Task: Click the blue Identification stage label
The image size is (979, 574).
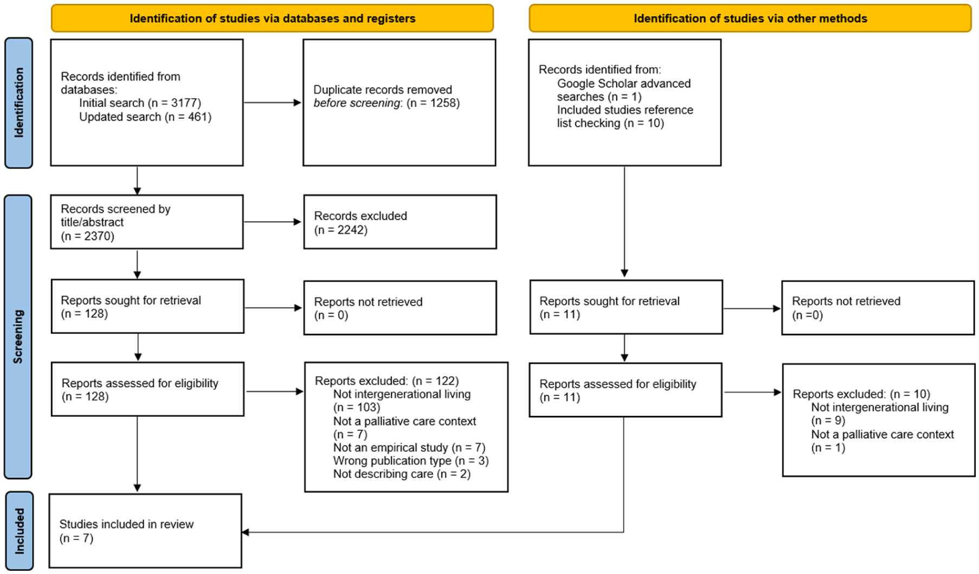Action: (x=18, y=103)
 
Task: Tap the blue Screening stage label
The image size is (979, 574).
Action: (x=18, y=337)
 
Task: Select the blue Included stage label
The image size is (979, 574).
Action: (x=19, y=531)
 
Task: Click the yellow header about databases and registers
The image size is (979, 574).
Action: (x=272, y=18)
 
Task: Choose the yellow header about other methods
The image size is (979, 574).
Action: (x=750, y=18)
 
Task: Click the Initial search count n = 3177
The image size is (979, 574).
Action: (x=174, y=103)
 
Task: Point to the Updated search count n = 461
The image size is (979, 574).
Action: (x=188, y=117)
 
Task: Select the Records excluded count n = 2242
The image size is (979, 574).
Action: (x=341, y=230)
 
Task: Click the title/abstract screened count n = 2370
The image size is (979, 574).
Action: (x=88, y=236)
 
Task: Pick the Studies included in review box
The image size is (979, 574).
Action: (x=145, y=531)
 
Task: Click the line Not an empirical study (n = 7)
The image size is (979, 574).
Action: (x=409, y=448)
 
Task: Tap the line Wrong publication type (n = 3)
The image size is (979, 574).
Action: (x=411, y=461)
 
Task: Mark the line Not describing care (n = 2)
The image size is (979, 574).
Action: (x=402, y=474)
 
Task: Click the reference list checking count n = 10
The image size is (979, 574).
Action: (x=643, y=123)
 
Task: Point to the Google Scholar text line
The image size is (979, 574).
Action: (x=624, y=83)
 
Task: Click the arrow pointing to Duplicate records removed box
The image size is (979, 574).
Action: (x=273, y=102)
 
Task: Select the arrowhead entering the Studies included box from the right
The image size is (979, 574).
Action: (x=246, y=532)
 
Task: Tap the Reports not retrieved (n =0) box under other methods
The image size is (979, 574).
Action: (x=878, y=308)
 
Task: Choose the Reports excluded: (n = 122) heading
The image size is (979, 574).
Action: (x=387, y=381)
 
